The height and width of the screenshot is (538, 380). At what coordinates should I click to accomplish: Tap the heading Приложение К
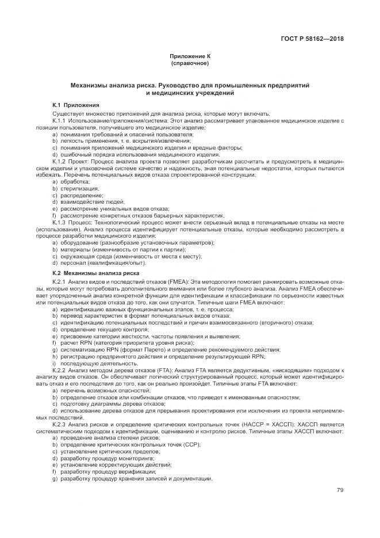(x=190, y=56)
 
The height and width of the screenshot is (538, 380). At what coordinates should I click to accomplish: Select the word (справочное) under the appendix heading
(x=190, y=63)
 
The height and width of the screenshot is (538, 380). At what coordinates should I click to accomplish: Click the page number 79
(x=340, y=491)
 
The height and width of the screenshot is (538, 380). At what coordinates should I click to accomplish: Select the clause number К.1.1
(x=60, y=120)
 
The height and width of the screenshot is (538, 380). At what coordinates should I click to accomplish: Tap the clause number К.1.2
(x=60, y=163)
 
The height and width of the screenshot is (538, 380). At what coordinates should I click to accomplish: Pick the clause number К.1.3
(x=60, y=222)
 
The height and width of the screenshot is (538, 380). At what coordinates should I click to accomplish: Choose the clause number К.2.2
(x=60, y=371)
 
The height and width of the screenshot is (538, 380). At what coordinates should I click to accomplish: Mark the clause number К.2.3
(x=60, y=424)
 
